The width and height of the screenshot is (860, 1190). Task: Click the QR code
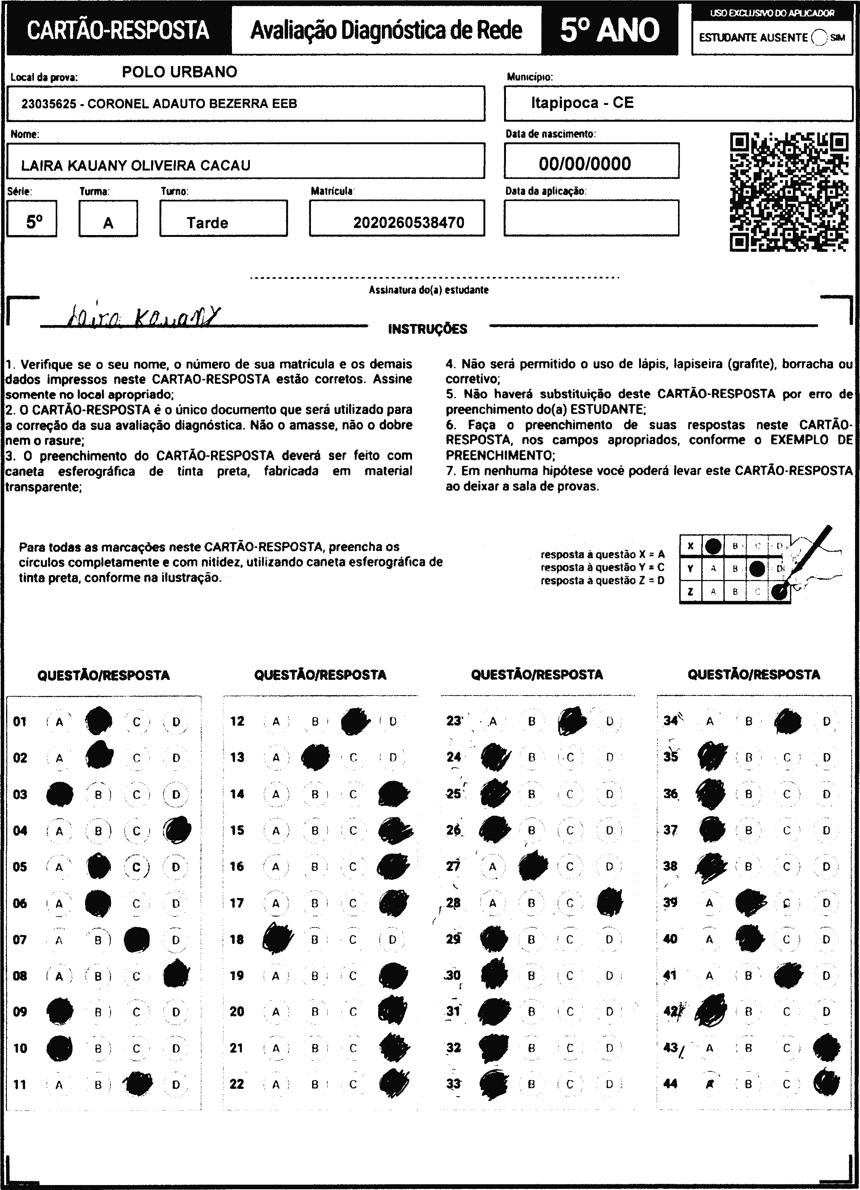(x=789, y=192)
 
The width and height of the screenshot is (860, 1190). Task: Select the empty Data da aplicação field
(x=591, y=218)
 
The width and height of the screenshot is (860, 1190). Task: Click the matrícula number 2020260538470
(x=409, y=223)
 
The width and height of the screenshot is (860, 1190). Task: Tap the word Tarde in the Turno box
(x=207, y=223)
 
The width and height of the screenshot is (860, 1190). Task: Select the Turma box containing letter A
(x=108, y=219)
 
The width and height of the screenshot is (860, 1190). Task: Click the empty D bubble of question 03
(x=176, y=794)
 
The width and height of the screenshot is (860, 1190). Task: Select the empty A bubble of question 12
(x=276, y=721)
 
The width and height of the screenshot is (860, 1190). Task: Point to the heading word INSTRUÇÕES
(x=428, y=330)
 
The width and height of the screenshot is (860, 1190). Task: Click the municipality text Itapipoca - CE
(x=582, y=103)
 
